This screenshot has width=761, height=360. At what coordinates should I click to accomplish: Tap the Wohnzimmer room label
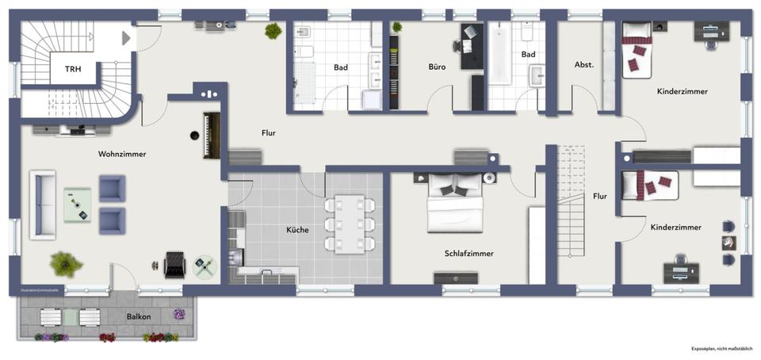pyautogui.click(x=121, y=154)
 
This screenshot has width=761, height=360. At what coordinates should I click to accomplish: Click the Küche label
pyautogui.click(x=297, y=230)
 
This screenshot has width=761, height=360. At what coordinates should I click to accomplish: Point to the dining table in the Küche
pyautogui.click(x=349, y=221)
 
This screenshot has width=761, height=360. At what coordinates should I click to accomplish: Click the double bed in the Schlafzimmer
pyautogui.click(x=455, y=205)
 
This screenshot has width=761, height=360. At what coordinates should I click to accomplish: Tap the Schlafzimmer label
pyautogui.click(x=468, y=254)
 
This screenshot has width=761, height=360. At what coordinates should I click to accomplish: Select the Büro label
pyautogui.click(x=437, y=67)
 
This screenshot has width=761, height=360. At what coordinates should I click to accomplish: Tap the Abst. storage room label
pyautogui.click(x=583, y=65)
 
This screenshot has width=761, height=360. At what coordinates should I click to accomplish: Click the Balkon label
pyautogui.click(x=139, y=316)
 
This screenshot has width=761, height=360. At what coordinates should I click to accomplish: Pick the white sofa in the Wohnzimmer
pyautogui.click(x=43, y=204)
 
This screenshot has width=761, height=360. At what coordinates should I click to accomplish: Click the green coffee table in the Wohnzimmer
pyautogui.click(x=78, y=205)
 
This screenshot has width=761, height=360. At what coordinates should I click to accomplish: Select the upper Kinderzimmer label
pyautogui.click(x=682, y=92)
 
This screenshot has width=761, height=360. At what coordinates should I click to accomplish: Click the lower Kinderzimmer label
pyautogui.click(x=675, y=228)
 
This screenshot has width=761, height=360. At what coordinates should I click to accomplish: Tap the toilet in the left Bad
pyautogui.click(x=304, y=52)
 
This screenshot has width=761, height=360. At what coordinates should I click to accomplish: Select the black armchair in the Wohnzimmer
pyautogui.click(x=174, y=264)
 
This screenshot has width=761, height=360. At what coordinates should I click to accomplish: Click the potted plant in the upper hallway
pyautogui.click(x=273, y=31)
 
